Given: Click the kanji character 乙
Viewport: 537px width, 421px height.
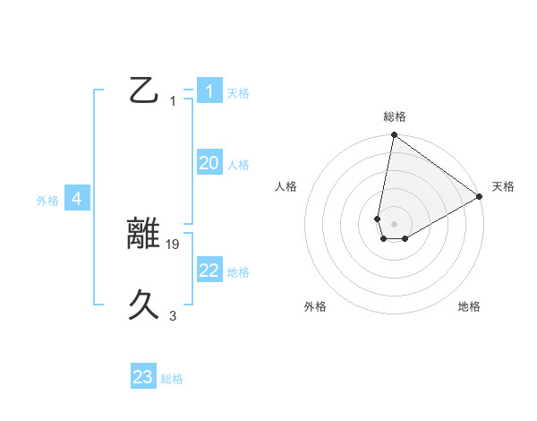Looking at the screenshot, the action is [x=144, y=90].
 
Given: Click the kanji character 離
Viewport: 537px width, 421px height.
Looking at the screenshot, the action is [x=145, y=234].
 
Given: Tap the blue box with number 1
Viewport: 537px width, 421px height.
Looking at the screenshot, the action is [x=209, y=90].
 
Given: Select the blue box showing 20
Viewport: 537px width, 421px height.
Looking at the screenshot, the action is [x=209, y=163].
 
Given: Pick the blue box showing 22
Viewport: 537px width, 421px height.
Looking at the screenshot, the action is [x=209, y=271].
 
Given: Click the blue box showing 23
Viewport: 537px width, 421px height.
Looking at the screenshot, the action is [x=143, y=377].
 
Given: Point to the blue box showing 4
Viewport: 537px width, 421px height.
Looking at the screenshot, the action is [x=77, y=199].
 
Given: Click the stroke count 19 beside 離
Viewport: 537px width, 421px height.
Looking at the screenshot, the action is [x=174, y=244].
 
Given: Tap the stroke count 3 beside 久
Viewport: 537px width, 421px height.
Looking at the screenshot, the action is [x=173, y=316].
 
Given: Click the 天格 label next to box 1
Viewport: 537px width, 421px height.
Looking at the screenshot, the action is [x=238, y=92].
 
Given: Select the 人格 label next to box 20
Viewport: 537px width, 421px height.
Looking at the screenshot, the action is [x=238, y=165].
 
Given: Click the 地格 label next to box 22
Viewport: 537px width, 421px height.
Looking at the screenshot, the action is [x=238, y=272].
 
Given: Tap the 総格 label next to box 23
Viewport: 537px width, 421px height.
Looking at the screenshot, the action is [x=172, y=379].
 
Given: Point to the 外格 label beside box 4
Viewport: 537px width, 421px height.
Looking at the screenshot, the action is [x=47, y=201].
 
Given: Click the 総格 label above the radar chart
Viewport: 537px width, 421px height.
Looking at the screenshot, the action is [x=395, y=116].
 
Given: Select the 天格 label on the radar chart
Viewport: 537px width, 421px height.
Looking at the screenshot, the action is [x=503, y=186].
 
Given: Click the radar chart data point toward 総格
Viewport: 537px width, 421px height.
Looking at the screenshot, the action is [x=394, y=135].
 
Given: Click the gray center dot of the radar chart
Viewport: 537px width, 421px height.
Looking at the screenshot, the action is [x=394, y=224].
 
